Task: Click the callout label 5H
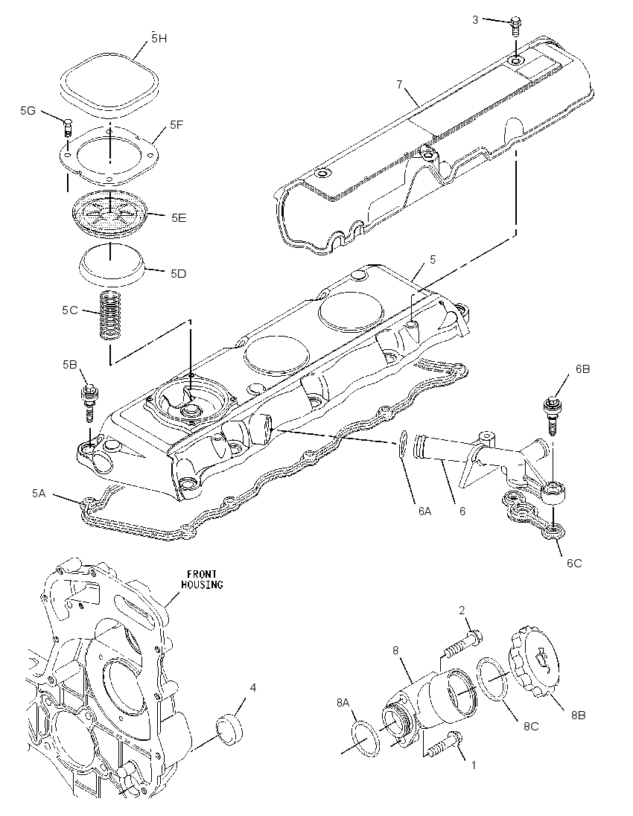(159, 39)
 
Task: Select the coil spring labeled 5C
(110, 316)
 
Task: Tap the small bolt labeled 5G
(67, 128)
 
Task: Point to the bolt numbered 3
(515, 25)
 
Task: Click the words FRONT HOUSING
(202, 579)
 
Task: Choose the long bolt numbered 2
(462, 645)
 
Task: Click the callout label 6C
(574, 563)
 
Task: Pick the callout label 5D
(178, 274)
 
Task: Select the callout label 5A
(39, 493)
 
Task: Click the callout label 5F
(176, 125)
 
